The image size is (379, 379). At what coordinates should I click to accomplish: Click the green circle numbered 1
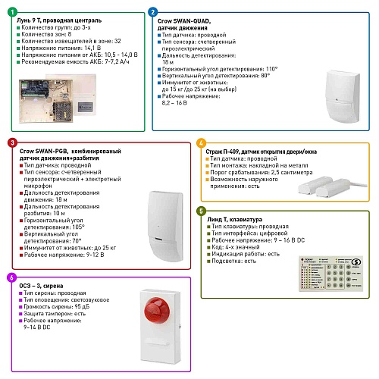12,12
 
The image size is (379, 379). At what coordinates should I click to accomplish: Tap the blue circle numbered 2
152,12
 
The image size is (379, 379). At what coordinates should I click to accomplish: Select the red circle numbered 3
12,143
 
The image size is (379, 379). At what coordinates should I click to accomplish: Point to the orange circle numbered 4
201,143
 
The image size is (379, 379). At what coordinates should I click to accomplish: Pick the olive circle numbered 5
201,211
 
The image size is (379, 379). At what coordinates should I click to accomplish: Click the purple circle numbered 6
11,277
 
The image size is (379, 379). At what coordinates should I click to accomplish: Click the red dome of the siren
157,310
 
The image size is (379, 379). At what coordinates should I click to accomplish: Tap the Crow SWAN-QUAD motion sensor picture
343,96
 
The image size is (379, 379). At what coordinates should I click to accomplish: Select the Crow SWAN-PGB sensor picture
165,227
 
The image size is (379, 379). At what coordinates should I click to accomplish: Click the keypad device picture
331,274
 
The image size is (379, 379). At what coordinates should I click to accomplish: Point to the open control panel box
46,101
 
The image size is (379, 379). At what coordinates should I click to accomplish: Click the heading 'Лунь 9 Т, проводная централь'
59,20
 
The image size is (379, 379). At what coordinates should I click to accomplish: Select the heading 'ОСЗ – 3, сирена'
41,286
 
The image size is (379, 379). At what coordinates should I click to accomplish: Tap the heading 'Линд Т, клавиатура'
235,219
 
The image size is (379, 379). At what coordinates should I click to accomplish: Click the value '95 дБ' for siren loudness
82,307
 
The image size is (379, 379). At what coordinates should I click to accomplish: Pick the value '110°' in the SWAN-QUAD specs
271,69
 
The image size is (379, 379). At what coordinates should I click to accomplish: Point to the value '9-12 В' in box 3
96,255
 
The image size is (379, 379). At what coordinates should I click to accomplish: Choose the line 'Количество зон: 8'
46,34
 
